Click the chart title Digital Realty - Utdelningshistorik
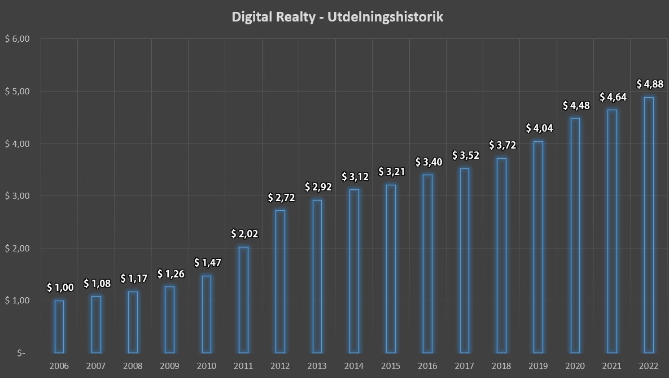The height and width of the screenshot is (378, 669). pyautogui.click(x=338, y=17)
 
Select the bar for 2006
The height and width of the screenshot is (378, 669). pyautogui.click(x=59, y=327)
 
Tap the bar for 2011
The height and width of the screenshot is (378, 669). pyautogui.click(x=243, y=299)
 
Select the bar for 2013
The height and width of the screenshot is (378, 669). pyautogui.click(x=317, y=276)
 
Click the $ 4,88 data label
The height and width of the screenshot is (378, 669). pyautogui.click(x=649, y=84)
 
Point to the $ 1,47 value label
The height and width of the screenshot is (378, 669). pyautogui.click(x=207, y=263)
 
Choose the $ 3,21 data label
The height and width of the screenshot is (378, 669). pyautogui.click(x=391, y=171)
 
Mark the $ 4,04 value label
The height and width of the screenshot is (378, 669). pyautogui.click(x=539, y=128)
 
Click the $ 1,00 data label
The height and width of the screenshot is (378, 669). pyautogui.click(x=60, y=288)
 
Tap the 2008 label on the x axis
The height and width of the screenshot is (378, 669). pyautogui.click(x=133, y=366)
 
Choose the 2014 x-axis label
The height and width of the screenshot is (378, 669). pyautogui.click(x=354, y=366)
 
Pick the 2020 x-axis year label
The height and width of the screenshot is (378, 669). pyautogui.click(x=575, y=366)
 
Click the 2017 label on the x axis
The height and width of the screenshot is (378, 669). pyautogui.click(x=465, y=366)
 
